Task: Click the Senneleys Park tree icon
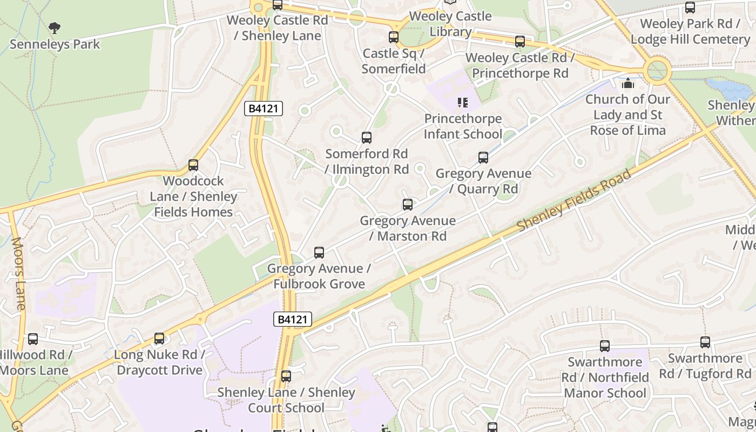point(54,28)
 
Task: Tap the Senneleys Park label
point(55,44)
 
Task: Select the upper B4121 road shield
point(264,109)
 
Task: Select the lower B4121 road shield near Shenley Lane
point(293,319)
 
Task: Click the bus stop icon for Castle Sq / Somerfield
point(394,37)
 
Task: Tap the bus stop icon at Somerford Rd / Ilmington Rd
point(367,138)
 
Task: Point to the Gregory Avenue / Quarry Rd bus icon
point(483,158)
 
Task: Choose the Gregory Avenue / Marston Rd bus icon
point(408,205)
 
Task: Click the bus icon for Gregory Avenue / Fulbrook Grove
point(319,252)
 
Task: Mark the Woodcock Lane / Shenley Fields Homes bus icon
point(193,165)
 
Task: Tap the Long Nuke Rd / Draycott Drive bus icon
point(159,339)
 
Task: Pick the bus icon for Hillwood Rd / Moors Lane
point(33,339)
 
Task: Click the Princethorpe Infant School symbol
point(462,102)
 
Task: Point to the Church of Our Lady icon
point(627,84)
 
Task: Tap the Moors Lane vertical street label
point(18,274)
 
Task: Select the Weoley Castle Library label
point(450,24)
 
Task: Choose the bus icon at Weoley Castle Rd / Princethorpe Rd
point(520,41)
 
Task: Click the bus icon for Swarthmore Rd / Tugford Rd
point(705,342)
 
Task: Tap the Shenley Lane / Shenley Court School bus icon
point(286,376)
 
